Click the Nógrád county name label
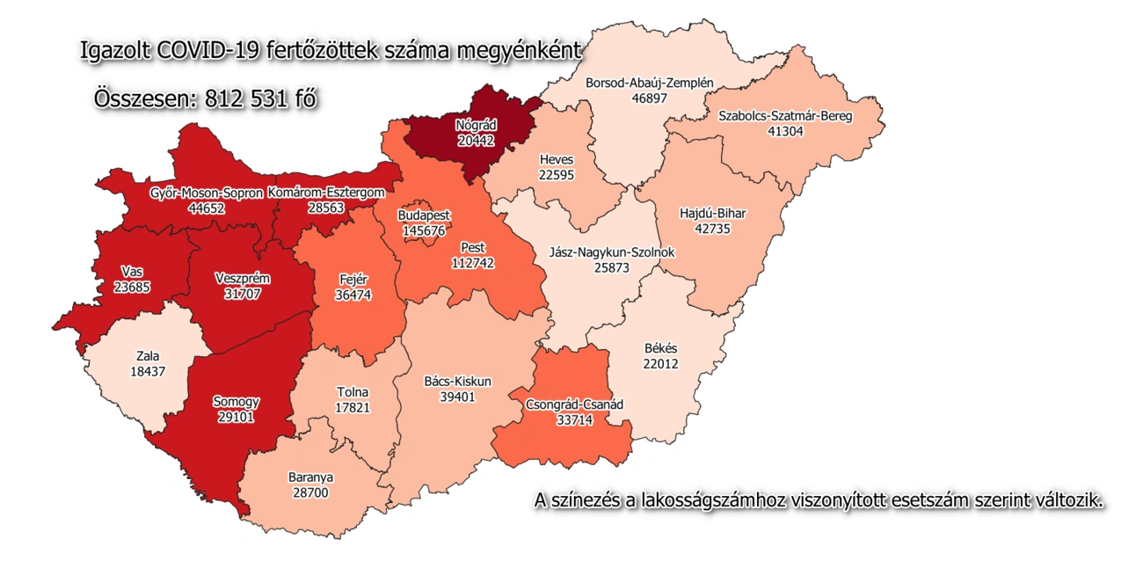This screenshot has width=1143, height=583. (475, 125)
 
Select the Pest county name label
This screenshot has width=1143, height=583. (474, 248)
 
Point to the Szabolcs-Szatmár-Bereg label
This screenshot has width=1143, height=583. (785, 115)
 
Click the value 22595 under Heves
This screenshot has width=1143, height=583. (556, 175)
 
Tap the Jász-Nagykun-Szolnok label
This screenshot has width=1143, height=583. (611, 252)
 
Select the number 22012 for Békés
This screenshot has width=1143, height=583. (660, 363)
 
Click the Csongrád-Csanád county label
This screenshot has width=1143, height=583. (574, 404)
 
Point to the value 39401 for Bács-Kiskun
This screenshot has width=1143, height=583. (457, 397)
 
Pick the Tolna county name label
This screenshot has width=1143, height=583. (353, 392)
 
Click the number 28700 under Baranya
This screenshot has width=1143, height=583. (310, 493)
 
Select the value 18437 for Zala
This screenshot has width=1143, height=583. (147, 372)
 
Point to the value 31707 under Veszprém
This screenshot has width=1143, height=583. (243, 294)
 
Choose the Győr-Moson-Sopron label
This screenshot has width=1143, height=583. (206, 193)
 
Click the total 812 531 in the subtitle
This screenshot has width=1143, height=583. (247, 99)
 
